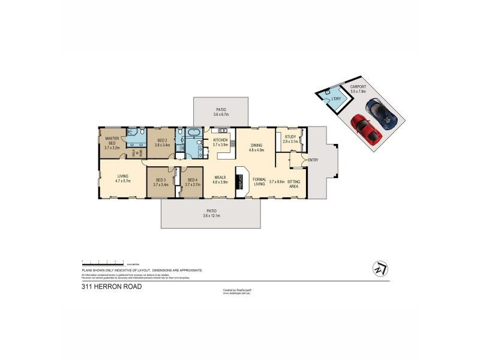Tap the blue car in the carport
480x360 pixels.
click(x=382, y=112)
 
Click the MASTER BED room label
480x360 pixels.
click(x=112, y=142)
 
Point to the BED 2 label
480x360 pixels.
click(x=162, y=142)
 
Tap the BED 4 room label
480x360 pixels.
click(x=193, y=182)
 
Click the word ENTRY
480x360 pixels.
click(x=313, y=160)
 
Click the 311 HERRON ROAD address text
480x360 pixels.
click(x=112, y=287)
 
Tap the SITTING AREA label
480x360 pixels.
click(x=294, y=184)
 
